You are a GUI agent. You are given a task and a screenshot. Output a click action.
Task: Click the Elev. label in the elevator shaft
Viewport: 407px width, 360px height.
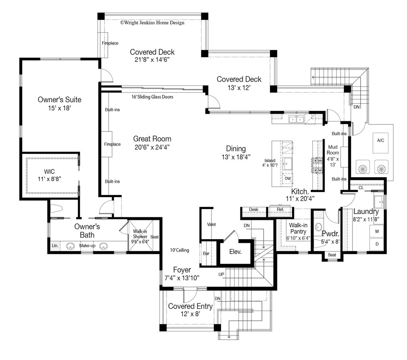[235, 252]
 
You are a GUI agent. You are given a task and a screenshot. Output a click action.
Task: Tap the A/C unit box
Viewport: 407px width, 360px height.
[380, 143]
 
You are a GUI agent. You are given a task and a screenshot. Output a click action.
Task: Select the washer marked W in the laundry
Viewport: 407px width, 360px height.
[377, 231]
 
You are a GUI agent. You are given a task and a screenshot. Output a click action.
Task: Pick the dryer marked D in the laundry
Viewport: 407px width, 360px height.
[377, 244]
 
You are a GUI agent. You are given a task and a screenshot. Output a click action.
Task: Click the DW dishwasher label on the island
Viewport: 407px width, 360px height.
[288, 178]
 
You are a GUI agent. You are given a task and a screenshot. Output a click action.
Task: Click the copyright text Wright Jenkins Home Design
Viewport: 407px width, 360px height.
[152, 23]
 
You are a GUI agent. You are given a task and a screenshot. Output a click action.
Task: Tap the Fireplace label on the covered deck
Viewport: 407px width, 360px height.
[110, 43]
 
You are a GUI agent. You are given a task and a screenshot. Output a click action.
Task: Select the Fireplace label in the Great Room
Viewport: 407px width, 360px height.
[112, 144]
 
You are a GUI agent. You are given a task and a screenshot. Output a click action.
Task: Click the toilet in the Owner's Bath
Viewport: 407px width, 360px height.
[56, 209]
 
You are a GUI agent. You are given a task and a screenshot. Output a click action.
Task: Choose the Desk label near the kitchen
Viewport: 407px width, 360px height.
[254, 209]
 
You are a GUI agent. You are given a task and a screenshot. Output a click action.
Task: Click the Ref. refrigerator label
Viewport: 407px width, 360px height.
[280, 209]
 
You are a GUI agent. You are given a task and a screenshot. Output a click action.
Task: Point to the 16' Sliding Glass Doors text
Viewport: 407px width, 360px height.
[152, 97]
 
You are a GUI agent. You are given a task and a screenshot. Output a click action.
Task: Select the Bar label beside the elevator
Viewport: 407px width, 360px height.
[206, 254]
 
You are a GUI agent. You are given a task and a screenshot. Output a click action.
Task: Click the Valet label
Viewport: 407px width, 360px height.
[211, 224]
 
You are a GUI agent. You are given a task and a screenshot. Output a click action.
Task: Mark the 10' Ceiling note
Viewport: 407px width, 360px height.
[180, 250]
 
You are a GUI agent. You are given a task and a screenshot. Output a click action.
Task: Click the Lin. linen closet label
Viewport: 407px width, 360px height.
[55, 246]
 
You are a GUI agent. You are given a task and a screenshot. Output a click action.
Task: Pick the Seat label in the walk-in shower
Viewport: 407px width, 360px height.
[155, 237]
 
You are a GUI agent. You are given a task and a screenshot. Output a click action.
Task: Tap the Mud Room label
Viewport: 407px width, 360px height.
[333, 150]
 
